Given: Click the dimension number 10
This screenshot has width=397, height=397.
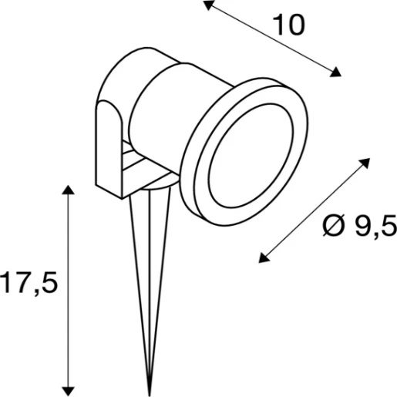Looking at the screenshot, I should coord(289,25).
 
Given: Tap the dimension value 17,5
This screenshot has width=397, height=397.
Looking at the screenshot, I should coord(29,284).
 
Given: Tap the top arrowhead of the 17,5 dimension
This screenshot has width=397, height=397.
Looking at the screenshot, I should coord(70,190).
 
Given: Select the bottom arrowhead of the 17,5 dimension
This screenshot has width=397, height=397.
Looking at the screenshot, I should coord(70,389).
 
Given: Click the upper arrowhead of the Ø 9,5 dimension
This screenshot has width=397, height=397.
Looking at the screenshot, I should coord(362,162).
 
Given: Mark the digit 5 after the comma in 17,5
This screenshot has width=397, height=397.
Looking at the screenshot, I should coord(49,284).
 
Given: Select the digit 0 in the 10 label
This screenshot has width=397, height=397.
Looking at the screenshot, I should coord(297,25).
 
